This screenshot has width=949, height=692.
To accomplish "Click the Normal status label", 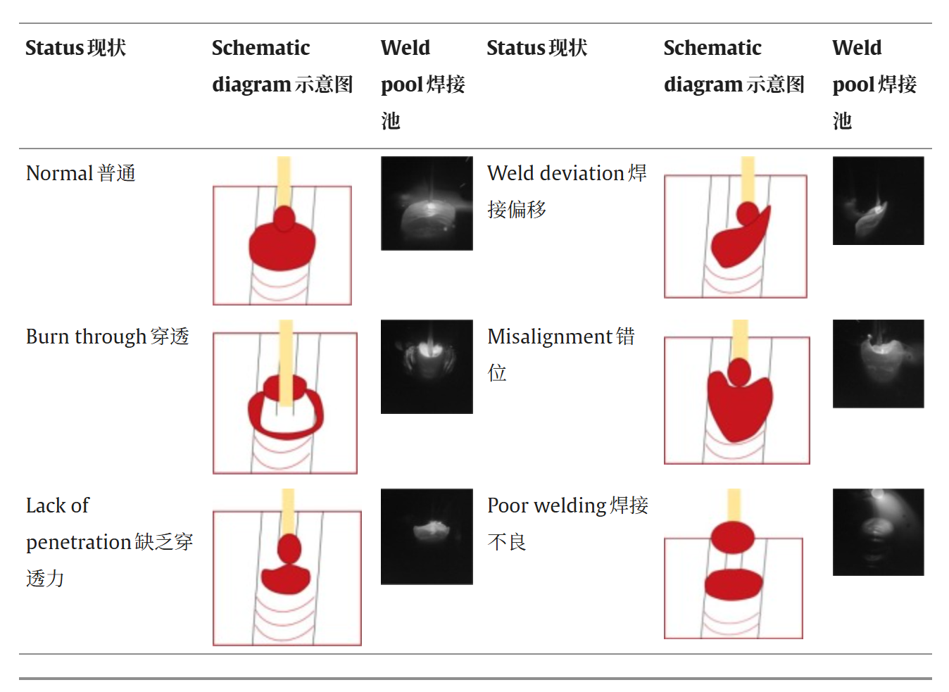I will tap(80, 173).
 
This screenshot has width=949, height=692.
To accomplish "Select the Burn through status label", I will tap(107, 336).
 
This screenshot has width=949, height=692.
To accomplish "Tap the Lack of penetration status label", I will tap(108, 541).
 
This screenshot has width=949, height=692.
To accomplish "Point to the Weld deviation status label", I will tap(566, 191).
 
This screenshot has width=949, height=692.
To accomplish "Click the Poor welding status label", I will tap(567, 523).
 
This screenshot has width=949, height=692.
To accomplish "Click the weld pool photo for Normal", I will tap(427, 203).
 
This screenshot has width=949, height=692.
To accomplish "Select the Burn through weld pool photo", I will tap(427, 367).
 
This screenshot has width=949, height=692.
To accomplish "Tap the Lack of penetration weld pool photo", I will tap(427, 536).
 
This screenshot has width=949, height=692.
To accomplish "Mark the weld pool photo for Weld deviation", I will tap(878, 201).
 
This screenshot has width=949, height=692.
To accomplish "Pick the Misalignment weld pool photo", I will tap(878, 364).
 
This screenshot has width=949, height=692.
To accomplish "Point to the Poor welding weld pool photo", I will tap(878, 532).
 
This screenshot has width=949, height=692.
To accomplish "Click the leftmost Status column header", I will tap(75, 48).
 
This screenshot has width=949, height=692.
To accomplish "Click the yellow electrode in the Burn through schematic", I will tap(286, 352).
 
